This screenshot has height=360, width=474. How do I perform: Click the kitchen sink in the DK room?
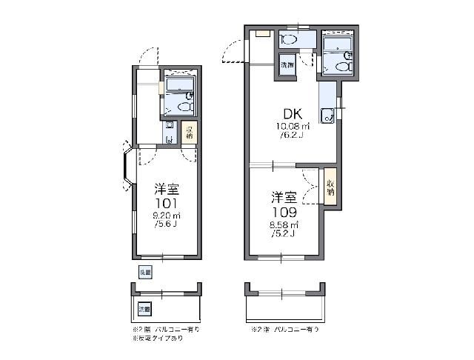(326, 114)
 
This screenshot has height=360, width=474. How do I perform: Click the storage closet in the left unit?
(190, 134)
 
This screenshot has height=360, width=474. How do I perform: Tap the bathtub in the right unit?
(340, 47)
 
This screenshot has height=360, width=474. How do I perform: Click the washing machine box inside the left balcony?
(144, 307)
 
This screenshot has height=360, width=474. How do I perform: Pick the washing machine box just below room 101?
(144, 272)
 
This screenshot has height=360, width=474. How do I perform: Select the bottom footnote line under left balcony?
(156, 337)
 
